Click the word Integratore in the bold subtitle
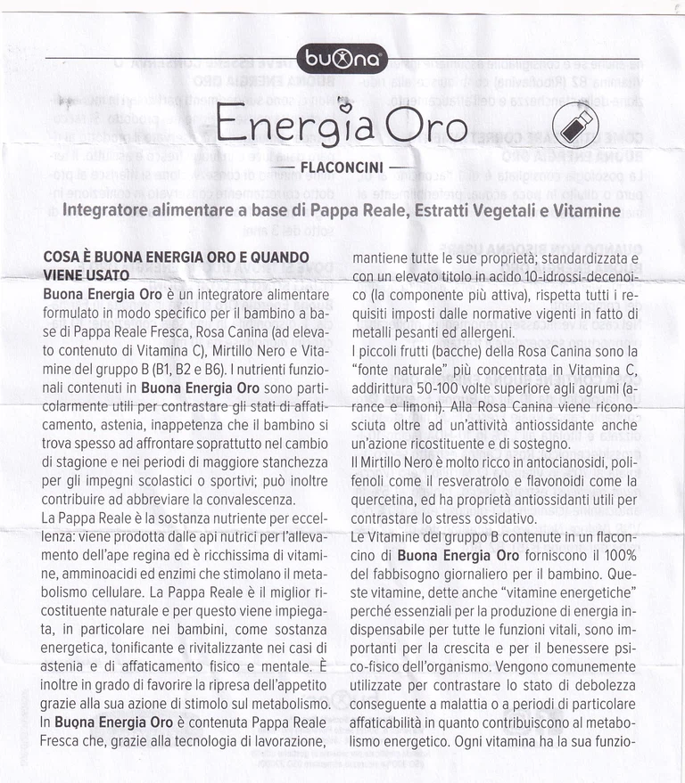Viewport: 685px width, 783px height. point(113,211)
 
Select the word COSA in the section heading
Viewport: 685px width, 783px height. point(62,257)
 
